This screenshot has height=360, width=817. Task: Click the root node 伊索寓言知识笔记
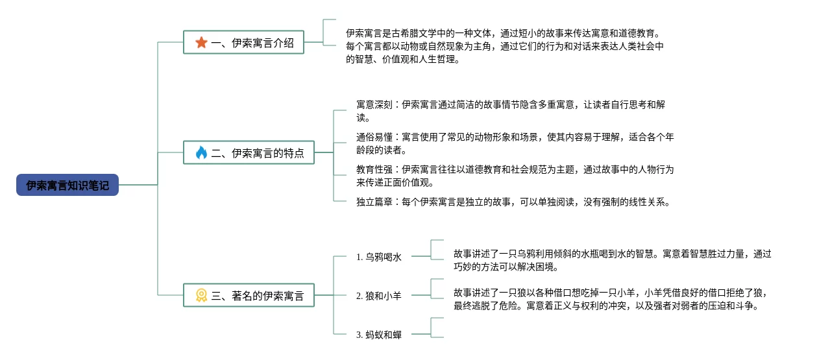67,185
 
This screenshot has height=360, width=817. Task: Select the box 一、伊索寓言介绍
243,42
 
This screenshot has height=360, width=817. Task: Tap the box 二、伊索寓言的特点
249,152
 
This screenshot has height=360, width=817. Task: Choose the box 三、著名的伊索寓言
249,295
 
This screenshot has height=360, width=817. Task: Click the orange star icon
201,42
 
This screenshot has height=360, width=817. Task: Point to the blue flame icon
201,152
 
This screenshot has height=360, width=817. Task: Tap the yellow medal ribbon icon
201,295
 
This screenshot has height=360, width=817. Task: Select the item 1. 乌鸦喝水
378,257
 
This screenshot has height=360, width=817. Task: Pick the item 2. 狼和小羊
378,296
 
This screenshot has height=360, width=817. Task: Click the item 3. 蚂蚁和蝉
378,335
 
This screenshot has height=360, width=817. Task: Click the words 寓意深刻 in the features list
374,104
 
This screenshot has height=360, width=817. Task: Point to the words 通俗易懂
374,137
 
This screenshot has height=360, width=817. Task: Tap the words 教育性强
374,169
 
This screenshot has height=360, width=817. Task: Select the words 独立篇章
374,202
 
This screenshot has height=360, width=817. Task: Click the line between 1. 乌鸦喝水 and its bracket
421,256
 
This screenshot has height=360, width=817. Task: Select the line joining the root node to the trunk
138,185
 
